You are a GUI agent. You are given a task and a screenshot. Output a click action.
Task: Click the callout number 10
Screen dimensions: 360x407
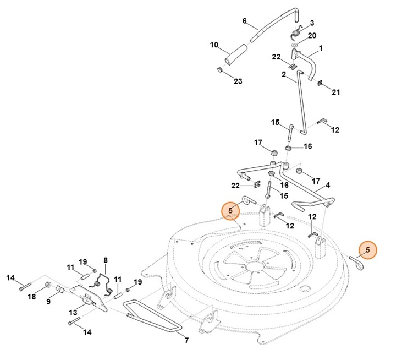tap(215, 45)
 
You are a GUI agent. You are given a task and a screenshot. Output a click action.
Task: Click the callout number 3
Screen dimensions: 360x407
tap(312, 23)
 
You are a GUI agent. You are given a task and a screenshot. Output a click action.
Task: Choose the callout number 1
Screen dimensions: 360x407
tap(320, 48)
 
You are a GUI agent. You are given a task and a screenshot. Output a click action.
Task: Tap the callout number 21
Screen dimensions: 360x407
tap(335, 92)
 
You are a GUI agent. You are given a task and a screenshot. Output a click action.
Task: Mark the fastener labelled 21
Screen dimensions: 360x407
tap(321, 85)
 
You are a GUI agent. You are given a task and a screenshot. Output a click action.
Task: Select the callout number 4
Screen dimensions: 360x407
tap(328, 186)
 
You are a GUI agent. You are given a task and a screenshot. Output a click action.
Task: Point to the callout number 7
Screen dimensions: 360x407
tap(186, 341)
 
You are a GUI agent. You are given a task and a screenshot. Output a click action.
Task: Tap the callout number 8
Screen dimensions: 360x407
tap(105, 260)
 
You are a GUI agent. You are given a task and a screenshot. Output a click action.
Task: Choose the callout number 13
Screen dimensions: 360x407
tap(73, 313)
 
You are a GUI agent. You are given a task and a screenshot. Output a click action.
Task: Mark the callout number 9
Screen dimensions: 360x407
tap(48, 302)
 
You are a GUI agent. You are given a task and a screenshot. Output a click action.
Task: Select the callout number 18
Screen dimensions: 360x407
tap(32, 297)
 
